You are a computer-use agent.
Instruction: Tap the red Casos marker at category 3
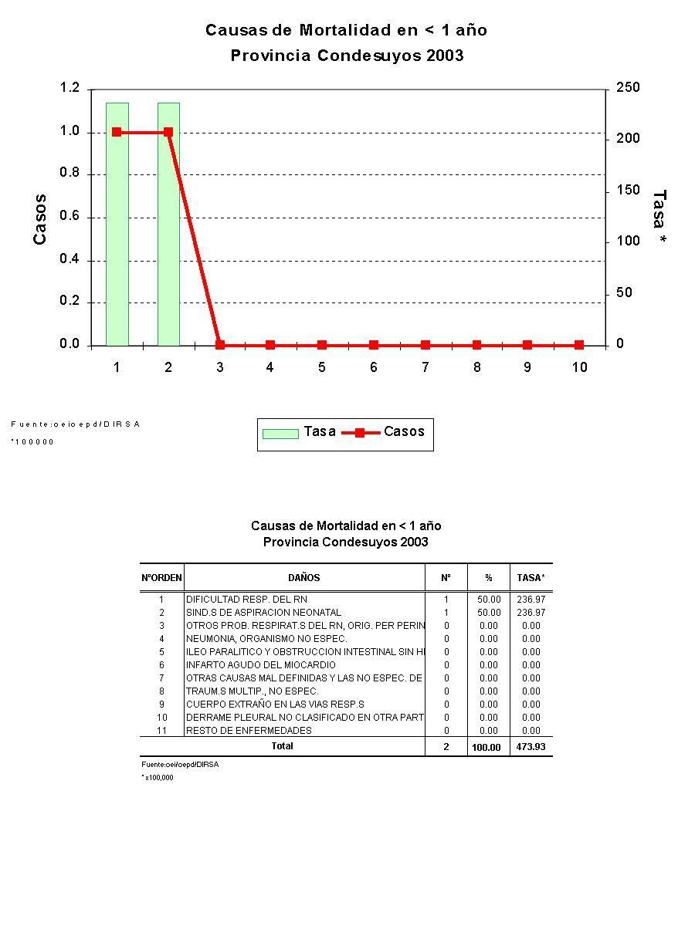[x=220, y=345]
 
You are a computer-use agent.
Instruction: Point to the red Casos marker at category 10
[x=579, y=345]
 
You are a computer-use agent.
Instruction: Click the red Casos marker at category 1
[x=117, y=132]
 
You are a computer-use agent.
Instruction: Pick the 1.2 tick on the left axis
[x=69, y=88]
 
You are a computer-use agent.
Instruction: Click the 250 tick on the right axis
[x=628, y=88]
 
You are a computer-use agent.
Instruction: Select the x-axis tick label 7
[x=425, y=367]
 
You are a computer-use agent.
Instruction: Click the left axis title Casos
[x=40, y=219]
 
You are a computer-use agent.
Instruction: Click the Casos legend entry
[x=404, y=432]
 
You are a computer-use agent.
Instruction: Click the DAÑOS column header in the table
[x=304, y=578]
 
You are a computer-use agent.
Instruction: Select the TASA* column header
[x=531, y=578]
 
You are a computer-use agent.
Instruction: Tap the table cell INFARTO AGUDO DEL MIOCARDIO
[x=261, y=665]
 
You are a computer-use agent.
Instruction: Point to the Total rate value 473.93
[x=531, y=747]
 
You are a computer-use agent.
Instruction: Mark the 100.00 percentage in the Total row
[x=486, y=747]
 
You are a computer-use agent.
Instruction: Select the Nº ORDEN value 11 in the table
[x=162, y=731]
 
